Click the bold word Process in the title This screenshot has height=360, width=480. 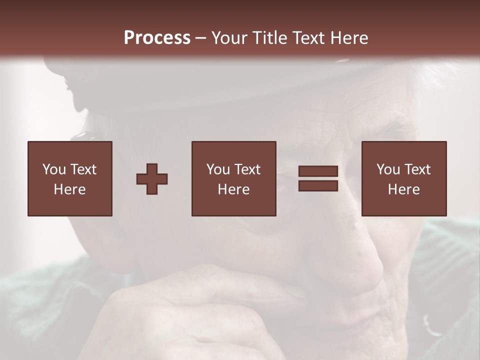[x=157, y=37]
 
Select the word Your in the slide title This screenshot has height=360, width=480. [x=228, y=37]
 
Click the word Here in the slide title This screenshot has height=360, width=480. [x=350, y=37]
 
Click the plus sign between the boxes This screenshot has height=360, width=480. [x=152, y=179]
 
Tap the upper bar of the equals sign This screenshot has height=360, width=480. [x=318, y=171]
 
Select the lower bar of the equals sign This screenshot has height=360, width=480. [x=318, y=185]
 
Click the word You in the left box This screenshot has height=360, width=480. [x=54, y=169]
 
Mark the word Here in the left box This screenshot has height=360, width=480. [x=69, y=189]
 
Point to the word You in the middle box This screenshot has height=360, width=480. [x=218, y=169]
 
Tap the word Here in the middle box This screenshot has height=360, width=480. [x=233, y=189]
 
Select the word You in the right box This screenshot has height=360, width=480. [x=388, y=169]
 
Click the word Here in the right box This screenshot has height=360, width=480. [x=403, y=189]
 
